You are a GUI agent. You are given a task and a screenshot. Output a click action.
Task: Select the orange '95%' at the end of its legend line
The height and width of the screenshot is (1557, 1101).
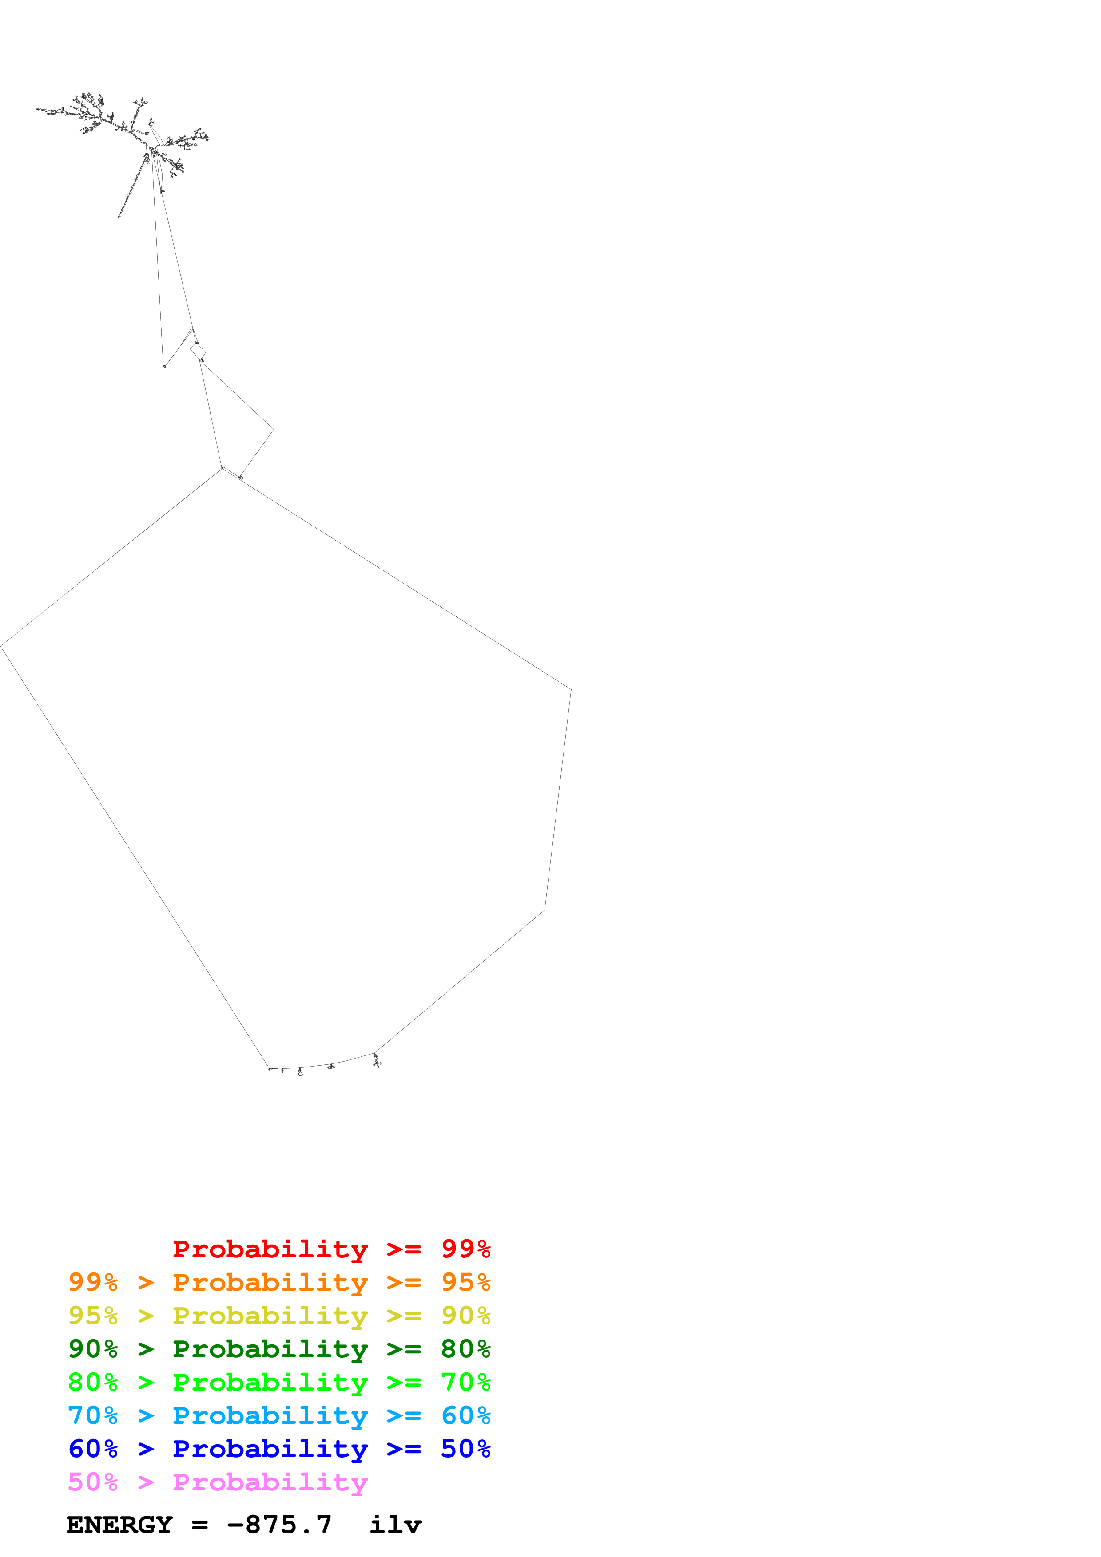coord(465,1282)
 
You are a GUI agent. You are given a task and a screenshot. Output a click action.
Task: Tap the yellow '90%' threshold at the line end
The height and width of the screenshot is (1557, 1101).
coord(465,1316)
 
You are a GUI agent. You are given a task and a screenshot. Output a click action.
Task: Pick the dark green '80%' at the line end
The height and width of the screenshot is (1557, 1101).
coord(465,1349)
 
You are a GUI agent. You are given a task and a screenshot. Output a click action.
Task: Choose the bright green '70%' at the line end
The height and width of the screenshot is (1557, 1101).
coord(465,1382)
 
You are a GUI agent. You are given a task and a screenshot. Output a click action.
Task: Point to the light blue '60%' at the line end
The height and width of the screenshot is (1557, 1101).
coord(465,1415)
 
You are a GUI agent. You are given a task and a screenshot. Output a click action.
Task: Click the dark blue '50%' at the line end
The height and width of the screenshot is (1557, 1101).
coord(465,1449)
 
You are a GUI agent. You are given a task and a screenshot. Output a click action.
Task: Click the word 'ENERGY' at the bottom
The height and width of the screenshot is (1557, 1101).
coord(119,1525)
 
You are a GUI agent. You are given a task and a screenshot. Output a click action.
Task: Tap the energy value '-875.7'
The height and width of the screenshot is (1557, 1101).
coord(279,1525)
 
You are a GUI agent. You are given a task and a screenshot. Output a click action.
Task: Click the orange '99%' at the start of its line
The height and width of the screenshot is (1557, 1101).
coord(93,1282)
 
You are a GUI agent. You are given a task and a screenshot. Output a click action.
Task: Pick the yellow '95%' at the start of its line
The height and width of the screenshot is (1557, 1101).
coord(93,1316)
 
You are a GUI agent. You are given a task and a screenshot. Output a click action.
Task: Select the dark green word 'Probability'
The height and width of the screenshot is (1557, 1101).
coord(270,1349)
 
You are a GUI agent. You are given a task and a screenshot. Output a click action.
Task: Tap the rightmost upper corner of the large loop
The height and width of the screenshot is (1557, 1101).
coord(571,690)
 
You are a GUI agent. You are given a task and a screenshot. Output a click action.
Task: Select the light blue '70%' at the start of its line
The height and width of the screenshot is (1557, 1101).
coord(93,1415)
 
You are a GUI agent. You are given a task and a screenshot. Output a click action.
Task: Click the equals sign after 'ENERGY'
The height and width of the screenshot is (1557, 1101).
coord(199,1525)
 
